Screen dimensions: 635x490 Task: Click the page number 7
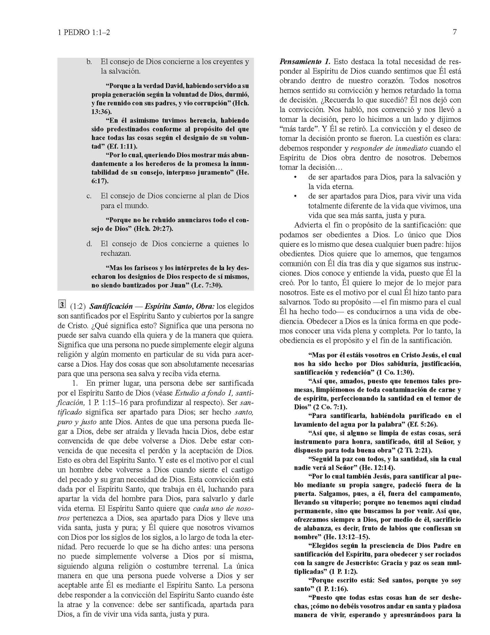454,32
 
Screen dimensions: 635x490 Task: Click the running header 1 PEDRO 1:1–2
84,33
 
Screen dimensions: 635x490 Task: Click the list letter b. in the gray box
89,62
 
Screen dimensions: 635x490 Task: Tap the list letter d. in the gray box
89,243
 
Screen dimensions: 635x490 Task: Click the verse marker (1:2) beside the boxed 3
77,306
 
